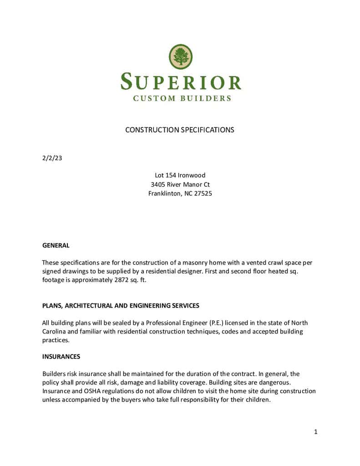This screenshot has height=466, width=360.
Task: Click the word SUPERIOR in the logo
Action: (x=181, y=82)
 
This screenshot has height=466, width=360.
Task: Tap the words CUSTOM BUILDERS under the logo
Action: (x=182, y=98)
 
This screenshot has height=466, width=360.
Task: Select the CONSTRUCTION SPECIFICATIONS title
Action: (x=180, y=130)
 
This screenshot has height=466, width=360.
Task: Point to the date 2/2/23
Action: (x=52, y=158)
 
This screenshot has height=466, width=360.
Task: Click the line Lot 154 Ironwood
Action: (x=180, y=175)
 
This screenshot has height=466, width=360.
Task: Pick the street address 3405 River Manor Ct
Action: (x=180, y=184)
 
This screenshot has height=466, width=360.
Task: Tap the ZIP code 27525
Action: (x=203, y=193)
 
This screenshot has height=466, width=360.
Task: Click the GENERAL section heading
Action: (x=56, y=245)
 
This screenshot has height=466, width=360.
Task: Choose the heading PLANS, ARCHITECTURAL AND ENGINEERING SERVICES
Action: (x=121, y=305)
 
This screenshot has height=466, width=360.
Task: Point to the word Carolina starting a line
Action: (x=55, y=332)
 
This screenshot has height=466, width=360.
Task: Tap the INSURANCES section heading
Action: (x=61, y=356)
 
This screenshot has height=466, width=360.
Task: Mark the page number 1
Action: (x=315, y=432)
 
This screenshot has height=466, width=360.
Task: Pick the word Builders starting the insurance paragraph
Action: (x=54, y=374)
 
